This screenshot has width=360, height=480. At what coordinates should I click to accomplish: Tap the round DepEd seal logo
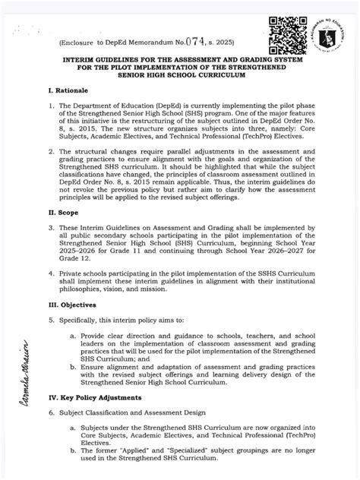coord(329,27)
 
